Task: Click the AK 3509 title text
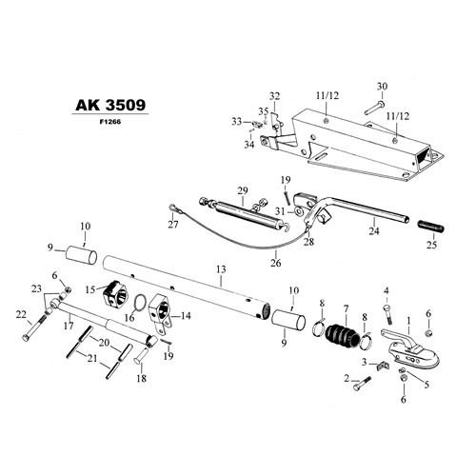110,105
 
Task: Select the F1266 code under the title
110,122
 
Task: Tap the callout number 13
221,269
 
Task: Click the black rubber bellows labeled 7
343,337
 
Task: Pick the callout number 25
431,245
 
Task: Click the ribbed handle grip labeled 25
430,226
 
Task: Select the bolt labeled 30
374,107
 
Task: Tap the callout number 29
243,190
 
